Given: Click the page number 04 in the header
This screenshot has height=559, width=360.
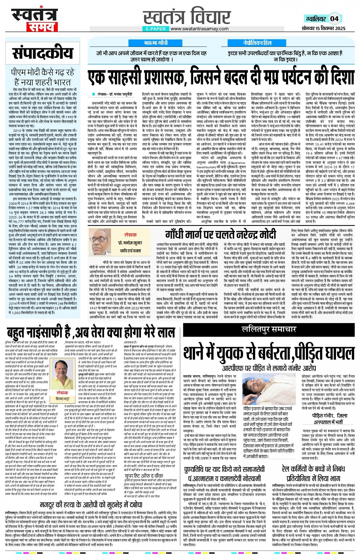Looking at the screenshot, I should [334, 19].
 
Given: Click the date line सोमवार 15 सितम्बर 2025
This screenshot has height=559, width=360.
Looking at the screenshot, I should [324, 28].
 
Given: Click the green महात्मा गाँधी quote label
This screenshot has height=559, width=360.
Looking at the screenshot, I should [156, 43].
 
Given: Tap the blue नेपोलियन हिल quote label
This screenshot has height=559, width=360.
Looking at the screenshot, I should [258, 43].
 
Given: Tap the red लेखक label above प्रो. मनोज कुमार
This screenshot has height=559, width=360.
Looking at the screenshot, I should [130, 235].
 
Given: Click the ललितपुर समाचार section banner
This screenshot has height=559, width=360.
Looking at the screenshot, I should [269, 329].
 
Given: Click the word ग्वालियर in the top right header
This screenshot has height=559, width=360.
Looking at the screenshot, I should [315, 19].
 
